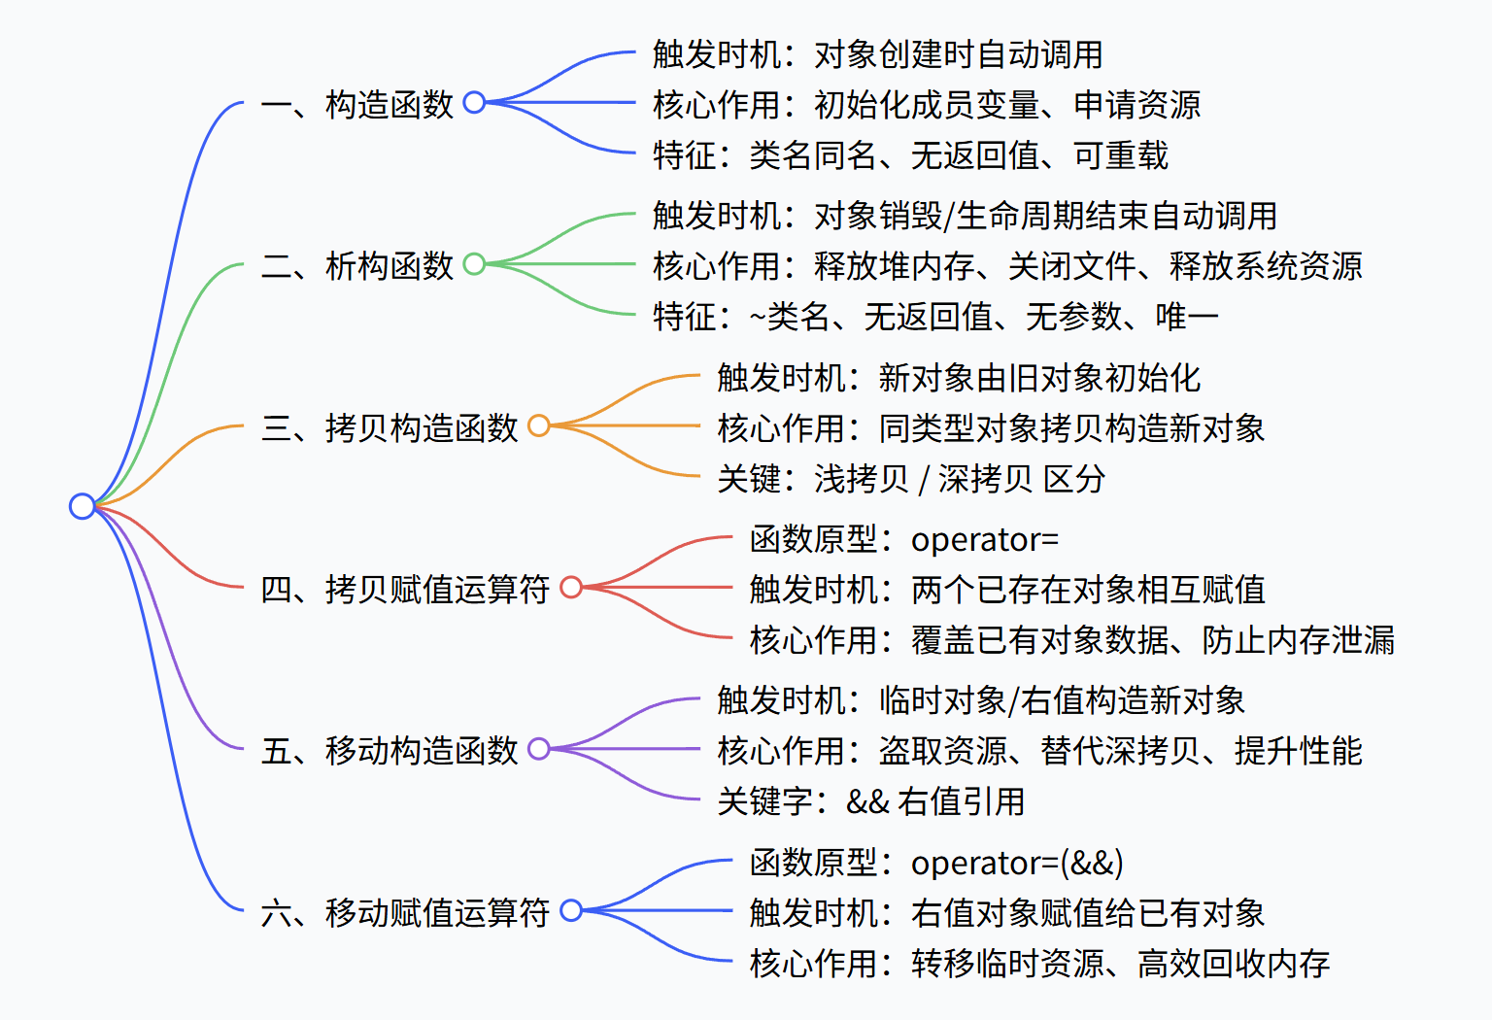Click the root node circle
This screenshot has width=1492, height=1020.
[83, 506]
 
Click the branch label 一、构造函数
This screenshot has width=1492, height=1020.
[357, 104]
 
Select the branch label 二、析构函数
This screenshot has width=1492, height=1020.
[357, 265]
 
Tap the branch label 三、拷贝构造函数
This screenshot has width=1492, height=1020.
[390, 427]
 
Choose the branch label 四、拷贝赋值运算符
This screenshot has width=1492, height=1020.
[406, 589]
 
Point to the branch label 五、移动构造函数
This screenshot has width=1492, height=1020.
[390, 751]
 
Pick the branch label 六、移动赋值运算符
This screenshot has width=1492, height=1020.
[406, 912]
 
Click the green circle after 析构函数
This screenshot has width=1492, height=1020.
[474, 264]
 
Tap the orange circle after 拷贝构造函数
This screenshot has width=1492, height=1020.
[539, 425]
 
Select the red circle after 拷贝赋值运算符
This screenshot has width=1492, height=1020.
[571, 587]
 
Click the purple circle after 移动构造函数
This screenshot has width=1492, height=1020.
[539, 749]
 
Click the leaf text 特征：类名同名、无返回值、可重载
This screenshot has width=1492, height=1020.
[910, 154]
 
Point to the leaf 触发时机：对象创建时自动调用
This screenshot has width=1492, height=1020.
[877, 54]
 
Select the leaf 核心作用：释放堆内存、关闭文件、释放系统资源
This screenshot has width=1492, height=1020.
[1007, 265]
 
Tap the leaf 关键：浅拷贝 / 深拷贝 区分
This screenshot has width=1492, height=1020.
[911, 478]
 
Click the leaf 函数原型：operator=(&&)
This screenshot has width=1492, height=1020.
[936, 863]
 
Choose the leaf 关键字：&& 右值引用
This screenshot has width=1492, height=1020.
[871, 801]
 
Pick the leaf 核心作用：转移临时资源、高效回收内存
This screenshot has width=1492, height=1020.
[1039, 964]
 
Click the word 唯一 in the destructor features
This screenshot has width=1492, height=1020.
[1187, 316]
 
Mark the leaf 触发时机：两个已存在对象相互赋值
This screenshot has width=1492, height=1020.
[1007, 589]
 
